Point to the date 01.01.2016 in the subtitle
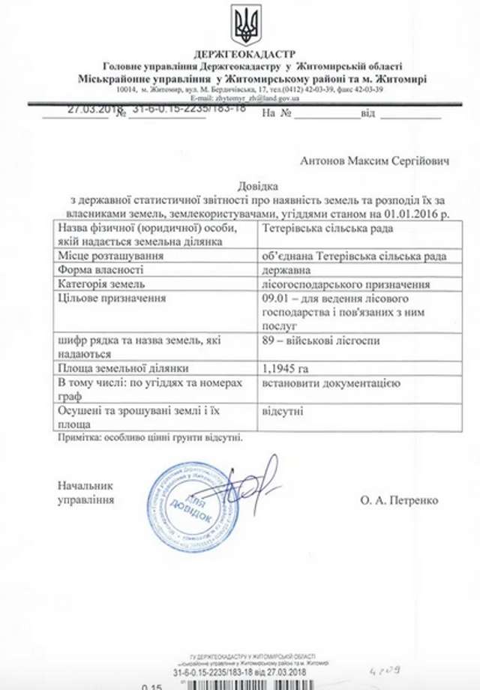(405, 214)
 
